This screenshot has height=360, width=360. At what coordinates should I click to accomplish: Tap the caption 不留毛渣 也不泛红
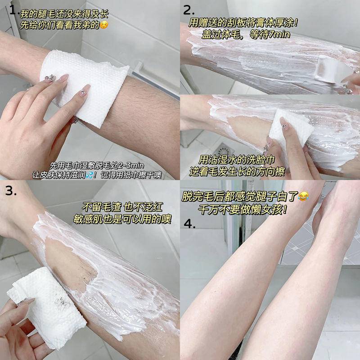(x=121, y=207)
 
